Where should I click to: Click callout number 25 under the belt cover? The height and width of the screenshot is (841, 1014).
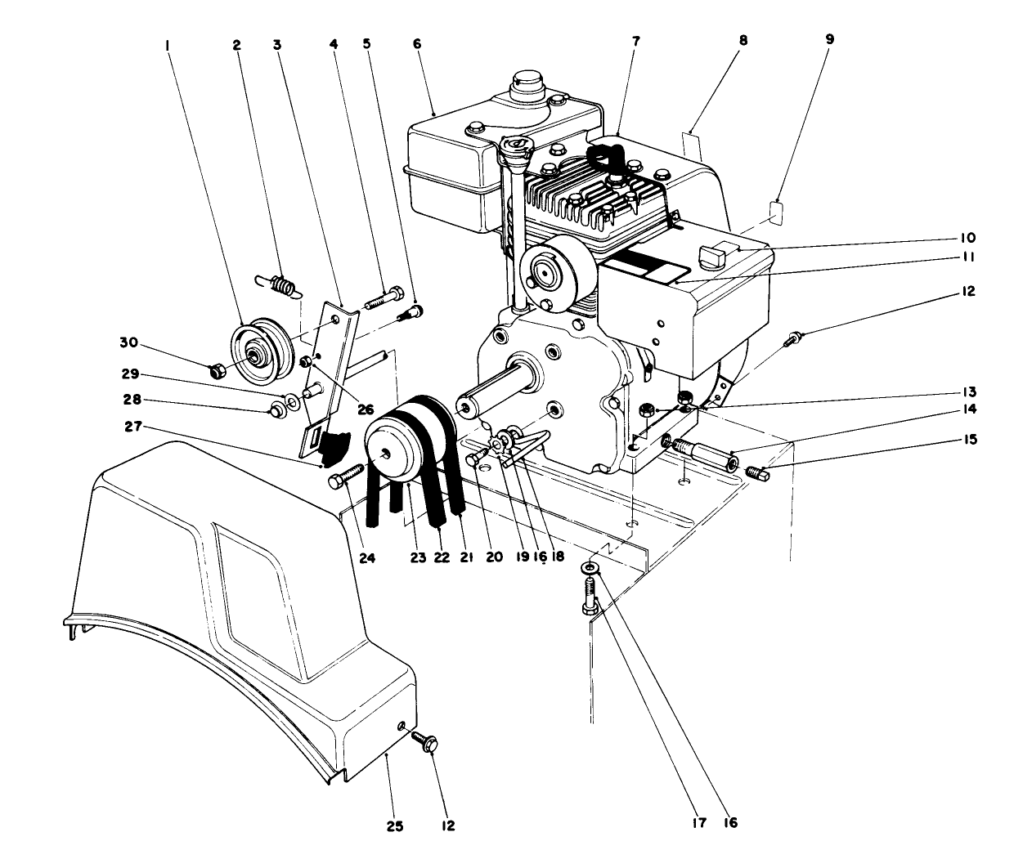394,825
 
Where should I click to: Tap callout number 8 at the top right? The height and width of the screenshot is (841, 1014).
742,38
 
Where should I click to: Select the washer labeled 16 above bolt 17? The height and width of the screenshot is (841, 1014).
590,567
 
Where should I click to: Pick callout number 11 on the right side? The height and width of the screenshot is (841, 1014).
967,257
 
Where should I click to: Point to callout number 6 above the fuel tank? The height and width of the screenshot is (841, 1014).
418,42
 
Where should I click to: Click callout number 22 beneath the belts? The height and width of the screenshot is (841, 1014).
442,557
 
